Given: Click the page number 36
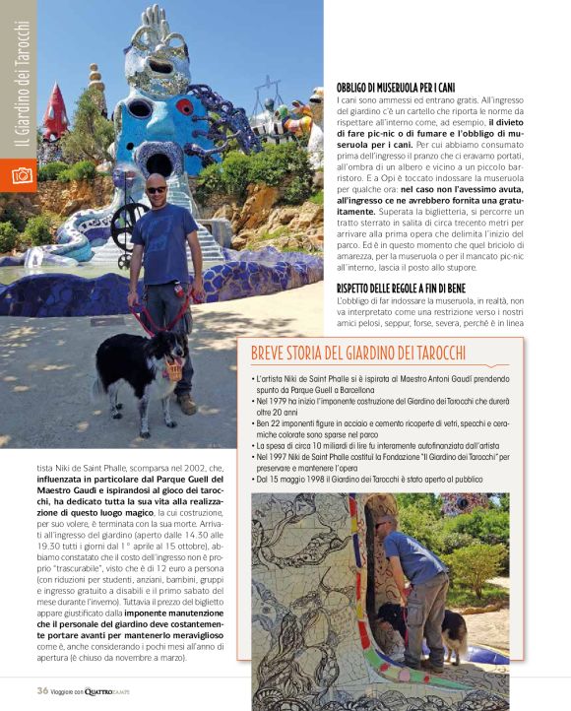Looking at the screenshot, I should coord(42,691).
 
